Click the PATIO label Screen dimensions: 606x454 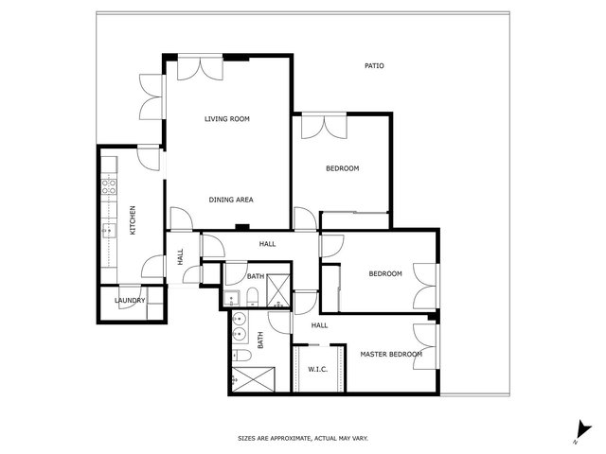[374, 66]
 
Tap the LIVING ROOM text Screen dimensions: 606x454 [227, 119]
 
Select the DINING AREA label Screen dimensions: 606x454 [231, 200]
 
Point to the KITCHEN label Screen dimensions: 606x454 [133, 220]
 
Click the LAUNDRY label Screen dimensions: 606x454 [130, 301]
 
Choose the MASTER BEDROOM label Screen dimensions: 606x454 [391, 354]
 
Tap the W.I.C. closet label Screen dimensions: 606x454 [318, 370]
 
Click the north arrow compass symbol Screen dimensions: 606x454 [583, 431]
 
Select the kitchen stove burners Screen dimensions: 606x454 [109, 186]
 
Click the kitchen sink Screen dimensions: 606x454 [109, 231]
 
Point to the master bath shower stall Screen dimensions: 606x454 [253, 379]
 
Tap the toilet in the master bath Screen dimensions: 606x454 [241, 355]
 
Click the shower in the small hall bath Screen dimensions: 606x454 [278, 290]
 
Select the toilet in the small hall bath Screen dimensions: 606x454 [252, 296]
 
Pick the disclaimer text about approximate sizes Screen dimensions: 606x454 [303, 438]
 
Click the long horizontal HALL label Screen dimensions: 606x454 [267, 244]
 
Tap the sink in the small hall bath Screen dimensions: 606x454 [232, 298]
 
